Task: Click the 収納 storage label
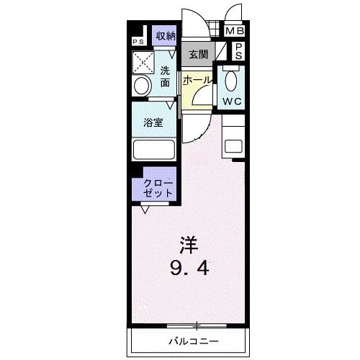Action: click(x=166, y=36)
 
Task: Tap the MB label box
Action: click(x=235, y=31)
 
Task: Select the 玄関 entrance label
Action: click(x=198, y=53)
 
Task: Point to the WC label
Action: click(x=231, y=102)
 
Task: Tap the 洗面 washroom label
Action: click(x=166, y=76)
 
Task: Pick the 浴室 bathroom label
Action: click(x=153, y=122)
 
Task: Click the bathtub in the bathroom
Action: click(x=153, y=150)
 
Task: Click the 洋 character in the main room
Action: click(x=188, y=243)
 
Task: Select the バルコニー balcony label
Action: click(x=194, y=340)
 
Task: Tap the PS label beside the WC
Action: click(x=239, y=50)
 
